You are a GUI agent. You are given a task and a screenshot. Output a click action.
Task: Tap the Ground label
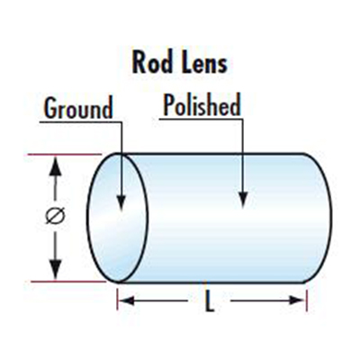[78, 107]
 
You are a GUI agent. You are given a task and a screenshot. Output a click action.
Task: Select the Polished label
[202, 104]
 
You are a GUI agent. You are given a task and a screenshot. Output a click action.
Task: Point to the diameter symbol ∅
[55, 216]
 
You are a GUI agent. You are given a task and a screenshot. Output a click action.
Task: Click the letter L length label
[210, 301]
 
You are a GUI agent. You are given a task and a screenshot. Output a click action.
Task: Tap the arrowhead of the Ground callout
[121, 202]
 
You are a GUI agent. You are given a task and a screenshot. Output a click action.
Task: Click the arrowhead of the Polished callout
[243, 199]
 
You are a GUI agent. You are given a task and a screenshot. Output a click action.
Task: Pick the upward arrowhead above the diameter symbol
[55, 166]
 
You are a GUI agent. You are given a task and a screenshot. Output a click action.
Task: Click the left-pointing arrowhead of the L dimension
[127, 300]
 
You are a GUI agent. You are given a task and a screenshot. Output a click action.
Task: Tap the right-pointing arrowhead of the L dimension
[296, 300]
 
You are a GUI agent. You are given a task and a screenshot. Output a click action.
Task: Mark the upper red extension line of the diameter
[65, 155]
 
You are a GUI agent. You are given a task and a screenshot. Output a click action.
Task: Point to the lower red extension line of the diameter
[68, 282]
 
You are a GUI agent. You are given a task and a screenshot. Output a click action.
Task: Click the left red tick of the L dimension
[118, 300]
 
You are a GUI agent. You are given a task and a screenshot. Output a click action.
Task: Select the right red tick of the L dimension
[306, 300]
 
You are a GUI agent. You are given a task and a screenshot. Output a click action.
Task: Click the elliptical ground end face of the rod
[117, 218]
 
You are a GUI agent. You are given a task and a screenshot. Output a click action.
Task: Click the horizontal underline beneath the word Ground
[81, 122]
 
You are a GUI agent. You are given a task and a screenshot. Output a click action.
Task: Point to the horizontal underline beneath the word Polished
[202, 119]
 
